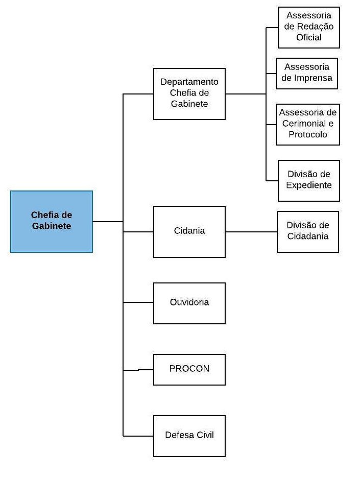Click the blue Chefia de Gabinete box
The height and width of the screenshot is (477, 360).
52,222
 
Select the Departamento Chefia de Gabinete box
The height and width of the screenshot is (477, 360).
189,93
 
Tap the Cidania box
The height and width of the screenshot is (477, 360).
189,232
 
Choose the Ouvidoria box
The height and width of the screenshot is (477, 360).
189,303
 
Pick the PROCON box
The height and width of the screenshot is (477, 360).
189,370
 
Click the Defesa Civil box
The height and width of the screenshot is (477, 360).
189,436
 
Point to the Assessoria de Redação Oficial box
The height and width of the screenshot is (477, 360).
308,28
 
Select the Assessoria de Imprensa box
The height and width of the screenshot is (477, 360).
306,74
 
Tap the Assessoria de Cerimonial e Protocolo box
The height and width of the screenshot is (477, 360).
308,125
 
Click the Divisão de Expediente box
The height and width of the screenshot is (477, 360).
308,181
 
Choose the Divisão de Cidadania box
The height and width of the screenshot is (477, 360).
308,232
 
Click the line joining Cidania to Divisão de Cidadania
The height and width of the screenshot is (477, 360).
251,232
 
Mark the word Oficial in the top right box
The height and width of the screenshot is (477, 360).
309,37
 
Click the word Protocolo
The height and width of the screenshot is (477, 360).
308,134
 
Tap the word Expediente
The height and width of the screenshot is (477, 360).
309,185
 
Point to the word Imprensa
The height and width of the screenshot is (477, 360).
315,78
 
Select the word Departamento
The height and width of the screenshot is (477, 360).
189,82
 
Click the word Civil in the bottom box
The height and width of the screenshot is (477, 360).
205,435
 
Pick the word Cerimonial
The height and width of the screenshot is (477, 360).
300,123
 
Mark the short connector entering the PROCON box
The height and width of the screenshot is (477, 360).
138,370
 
